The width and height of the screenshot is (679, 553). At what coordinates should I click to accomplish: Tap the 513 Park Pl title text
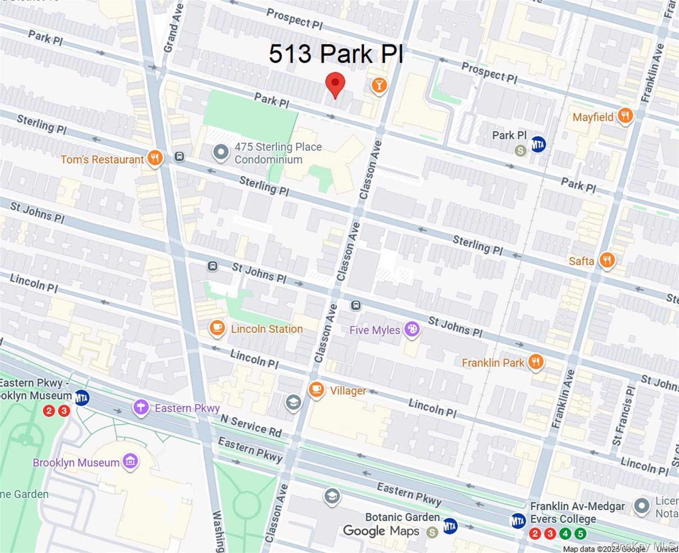point(336,54)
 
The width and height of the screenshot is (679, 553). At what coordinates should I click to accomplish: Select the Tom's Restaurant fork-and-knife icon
point(155,157)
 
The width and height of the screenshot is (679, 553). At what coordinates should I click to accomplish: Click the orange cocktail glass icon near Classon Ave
point(379,85)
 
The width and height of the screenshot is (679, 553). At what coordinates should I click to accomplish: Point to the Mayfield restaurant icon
point(625,116)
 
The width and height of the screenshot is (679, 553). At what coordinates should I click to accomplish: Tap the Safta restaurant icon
point(607,260)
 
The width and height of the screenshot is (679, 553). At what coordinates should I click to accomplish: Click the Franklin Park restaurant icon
point(536,361)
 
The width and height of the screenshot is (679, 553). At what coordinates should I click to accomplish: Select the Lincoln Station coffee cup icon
point(217,328)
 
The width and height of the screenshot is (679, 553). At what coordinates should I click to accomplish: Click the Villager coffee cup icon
point(316,389)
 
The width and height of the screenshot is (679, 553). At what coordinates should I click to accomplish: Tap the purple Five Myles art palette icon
point(412,329)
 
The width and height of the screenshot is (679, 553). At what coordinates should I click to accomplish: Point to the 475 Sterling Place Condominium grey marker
point(221,152)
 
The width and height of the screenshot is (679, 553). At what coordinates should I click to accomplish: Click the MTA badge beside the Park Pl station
point(538,144)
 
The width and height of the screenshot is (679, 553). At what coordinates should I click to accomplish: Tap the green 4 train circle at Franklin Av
point(565,533)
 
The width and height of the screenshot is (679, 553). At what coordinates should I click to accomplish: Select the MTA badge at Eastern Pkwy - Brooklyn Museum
point(82,398)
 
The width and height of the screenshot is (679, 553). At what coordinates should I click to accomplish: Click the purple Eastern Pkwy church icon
point(141,407)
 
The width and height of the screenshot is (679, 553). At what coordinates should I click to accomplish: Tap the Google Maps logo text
point(381,531)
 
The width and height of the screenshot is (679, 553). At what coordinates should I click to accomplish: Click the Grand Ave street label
point(173,28)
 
